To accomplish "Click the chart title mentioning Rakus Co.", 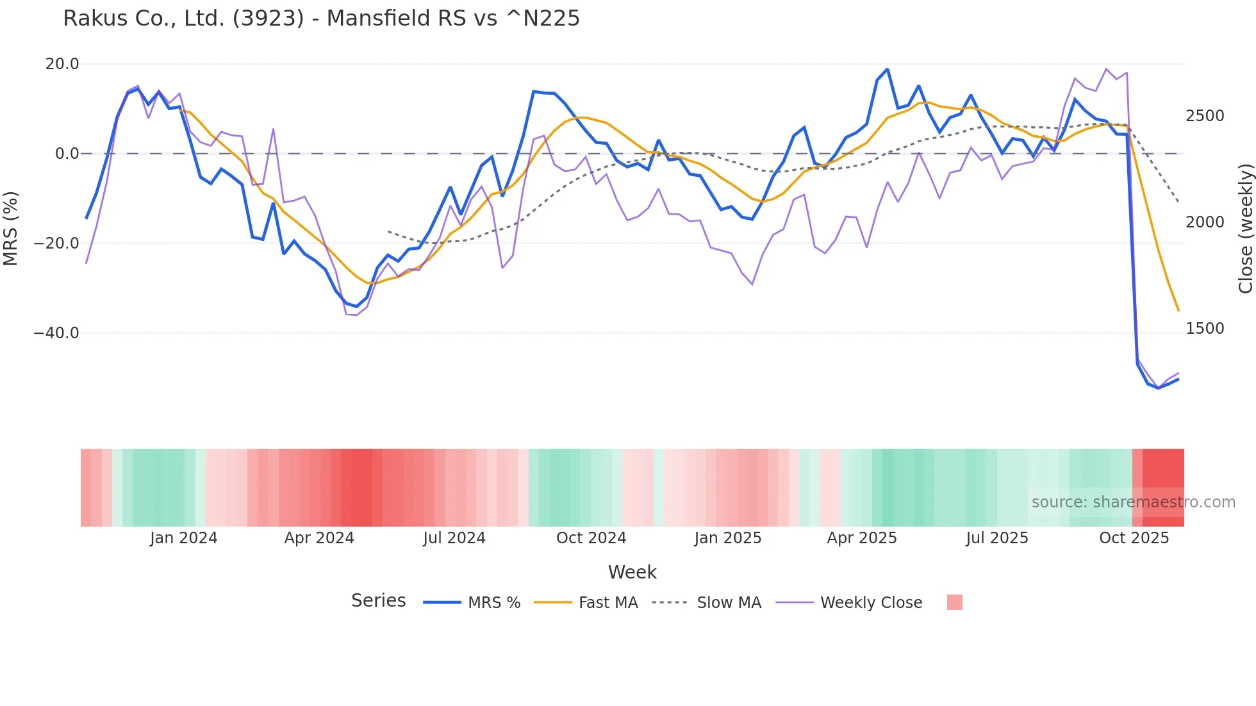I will pos(321,19).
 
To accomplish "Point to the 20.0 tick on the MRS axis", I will pos(62,64).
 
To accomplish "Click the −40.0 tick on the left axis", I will pos(56,333).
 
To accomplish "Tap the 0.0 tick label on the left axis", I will pos(67,154).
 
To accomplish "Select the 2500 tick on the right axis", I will pos(1205,116).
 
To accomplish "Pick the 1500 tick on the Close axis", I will pos(1205,329).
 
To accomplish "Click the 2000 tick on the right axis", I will pos(1205,222).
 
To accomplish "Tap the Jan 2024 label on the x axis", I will pos(183,538).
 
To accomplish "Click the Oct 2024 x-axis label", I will pos(591,538).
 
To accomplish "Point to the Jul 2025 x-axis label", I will pos(996,538).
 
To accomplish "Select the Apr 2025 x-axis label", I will pos(861,538).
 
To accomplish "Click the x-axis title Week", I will pos(632,572).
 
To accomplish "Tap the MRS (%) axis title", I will pos(11,228).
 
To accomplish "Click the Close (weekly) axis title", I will pos(1245,228).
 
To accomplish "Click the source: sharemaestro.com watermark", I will pos(1133,502).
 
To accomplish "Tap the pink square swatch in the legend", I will pos(954,602).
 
